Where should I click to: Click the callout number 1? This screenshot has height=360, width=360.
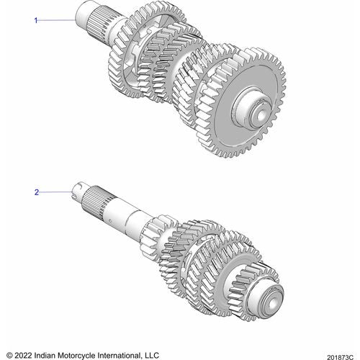pos(36,21)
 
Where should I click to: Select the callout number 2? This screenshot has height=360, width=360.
pos(36,193)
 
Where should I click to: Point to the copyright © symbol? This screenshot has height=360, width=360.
pos(9,354)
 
